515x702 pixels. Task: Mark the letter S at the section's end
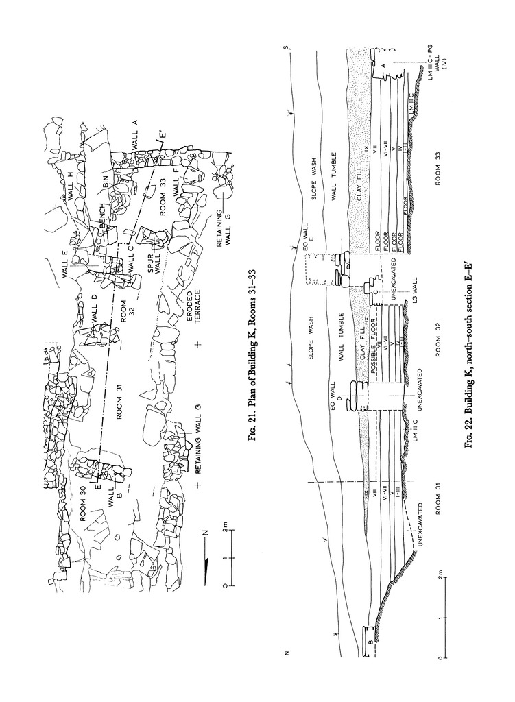pos(289,47)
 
